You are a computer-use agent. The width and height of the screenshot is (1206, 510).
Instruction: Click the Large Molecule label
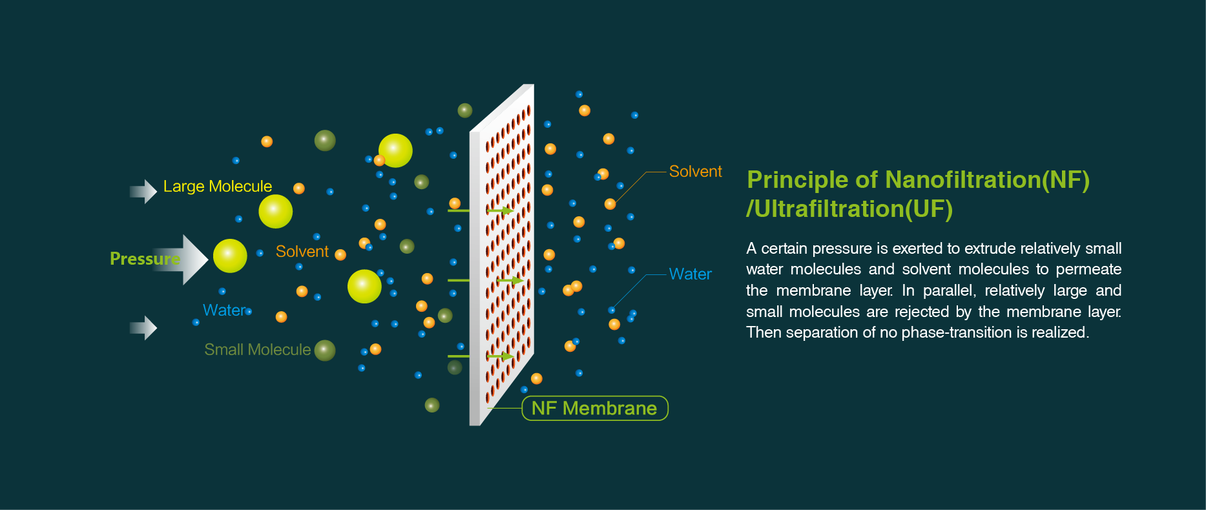218,187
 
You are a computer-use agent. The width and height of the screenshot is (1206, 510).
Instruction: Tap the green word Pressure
145,259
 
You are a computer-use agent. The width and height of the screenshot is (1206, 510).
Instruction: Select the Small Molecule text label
258,350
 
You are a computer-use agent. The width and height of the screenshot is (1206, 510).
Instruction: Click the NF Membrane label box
595,408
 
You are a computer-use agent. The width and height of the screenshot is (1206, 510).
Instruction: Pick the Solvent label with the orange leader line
696,172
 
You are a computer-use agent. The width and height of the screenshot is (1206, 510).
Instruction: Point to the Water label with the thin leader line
691,274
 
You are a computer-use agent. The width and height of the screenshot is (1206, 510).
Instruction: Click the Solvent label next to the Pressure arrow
302,252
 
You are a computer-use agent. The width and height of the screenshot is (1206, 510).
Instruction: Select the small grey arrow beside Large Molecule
143,192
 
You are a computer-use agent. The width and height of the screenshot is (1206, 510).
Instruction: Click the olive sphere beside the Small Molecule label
325,351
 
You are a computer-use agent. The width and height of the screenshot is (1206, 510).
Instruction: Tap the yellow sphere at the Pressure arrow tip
230,256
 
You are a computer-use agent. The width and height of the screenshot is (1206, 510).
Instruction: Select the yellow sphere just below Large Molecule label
276,212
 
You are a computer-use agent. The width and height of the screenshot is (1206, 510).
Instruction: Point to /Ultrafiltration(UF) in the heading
849,209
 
